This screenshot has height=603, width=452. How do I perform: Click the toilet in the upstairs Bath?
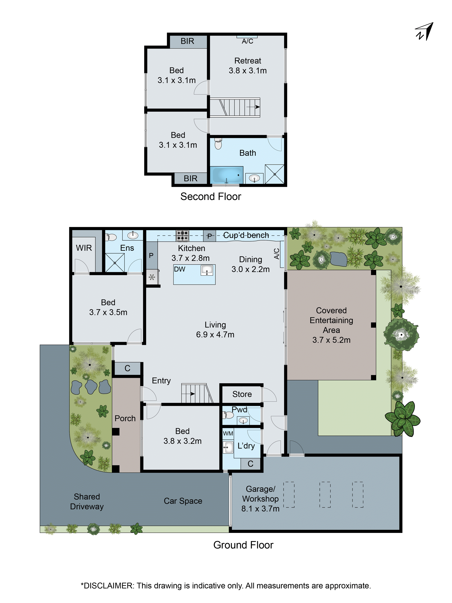point(218,144)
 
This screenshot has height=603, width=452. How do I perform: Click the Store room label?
point(242,394)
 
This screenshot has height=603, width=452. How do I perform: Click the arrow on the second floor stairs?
point(256,107)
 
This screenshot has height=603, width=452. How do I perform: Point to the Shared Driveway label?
point(87,502)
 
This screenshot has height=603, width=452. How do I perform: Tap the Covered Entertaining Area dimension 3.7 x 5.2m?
point(331,340)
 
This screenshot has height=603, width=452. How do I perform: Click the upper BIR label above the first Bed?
point(187,41)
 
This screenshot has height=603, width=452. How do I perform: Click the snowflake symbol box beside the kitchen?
point(152,277)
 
